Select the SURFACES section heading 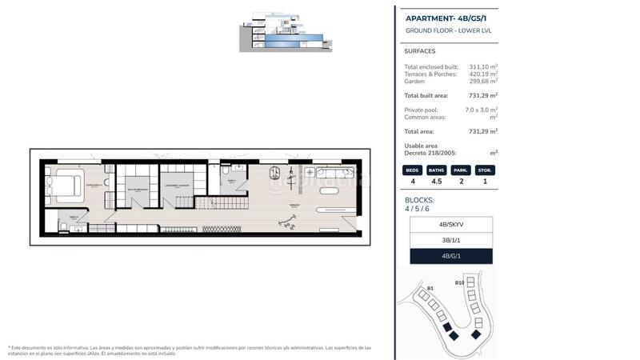(x=420, y=51)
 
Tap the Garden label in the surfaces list (x=415, y=81)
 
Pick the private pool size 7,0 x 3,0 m (x=481, y=110)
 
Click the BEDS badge (x=413, y=170)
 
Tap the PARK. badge (x=461, y=170)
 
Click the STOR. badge (x=485, y=170)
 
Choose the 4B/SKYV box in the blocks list (x=450, y=225)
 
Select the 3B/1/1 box (x=450, y=240)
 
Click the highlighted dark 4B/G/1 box (x=450, y=256)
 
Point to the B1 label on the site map (x=430, y=288)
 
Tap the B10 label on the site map (x=459, y=282)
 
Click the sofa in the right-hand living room (x=334, y=173)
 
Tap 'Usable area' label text (x=421, y=146)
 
